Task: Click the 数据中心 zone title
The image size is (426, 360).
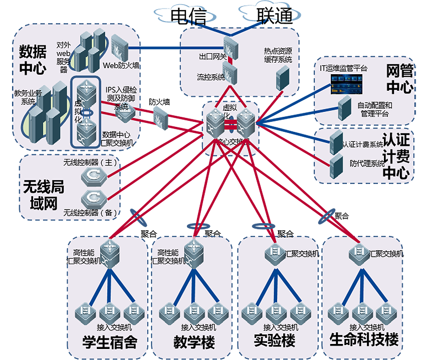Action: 33,60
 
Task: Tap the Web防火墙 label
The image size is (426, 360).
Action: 121,65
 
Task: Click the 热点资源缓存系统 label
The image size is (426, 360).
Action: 278,55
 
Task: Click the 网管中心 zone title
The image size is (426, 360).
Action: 399,79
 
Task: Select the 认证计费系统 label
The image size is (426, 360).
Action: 362,144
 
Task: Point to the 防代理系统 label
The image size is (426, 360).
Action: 366,163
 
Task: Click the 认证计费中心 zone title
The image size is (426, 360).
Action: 396,156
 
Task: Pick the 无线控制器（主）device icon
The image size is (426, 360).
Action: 92,175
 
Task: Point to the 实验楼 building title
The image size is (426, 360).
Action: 275,340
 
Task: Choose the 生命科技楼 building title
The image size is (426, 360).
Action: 364,339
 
